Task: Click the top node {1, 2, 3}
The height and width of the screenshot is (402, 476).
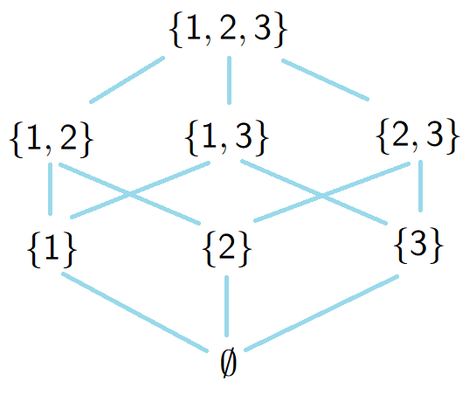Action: (228, 31)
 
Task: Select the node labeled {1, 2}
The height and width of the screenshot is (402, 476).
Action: (52, 139)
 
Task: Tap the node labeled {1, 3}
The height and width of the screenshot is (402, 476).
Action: (227, 138)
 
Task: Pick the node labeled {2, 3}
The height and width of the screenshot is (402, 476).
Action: (417, 136)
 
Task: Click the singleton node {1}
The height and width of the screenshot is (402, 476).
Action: (52, 250)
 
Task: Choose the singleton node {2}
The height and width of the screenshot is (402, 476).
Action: (227, 249)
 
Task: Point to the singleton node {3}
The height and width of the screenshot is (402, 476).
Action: (418, 246)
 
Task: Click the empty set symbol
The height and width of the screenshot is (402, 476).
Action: (228, 363)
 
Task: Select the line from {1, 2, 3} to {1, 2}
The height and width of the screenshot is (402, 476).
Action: (128, 80)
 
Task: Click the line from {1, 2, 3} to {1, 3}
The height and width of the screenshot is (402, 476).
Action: (229, 80)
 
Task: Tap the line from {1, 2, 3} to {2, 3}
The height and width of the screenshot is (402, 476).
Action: (326, 80)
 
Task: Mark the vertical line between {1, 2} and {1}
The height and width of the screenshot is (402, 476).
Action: (50, 189)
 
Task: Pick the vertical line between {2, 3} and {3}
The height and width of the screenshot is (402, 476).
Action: (420, 186)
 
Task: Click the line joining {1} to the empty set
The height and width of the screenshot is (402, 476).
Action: (135, 313)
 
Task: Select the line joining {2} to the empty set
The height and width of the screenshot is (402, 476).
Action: (226, 306)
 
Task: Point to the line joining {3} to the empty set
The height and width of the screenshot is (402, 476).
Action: (321, 313)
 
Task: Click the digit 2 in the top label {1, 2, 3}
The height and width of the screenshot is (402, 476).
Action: (228, 29)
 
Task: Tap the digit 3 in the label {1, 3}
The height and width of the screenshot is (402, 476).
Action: (244, 136)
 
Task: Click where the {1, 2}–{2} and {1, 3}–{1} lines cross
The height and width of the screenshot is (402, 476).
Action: (130, 194)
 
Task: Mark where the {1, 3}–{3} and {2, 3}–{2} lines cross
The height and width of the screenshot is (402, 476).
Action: (321, 197)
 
